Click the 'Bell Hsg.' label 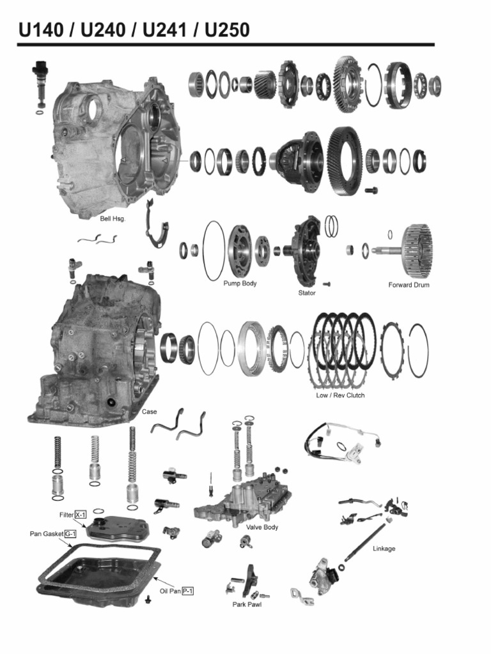[113, 218]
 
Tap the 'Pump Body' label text [240, 283]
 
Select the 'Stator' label [307, 293]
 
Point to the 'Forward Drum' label [409, 285]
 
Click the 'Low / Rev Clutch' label [340, 395]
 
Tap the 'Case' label [149, 412]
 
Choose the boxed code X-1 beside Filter [81, 514]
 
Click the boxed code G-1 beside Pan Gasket [70, 533]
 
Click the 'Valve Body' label [262, 527]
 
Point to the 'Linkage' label [384, 549]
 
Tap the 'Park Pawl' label [246, 604]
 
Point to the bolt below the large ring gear [370, 190]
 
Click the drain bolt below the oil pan [148, 598]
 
